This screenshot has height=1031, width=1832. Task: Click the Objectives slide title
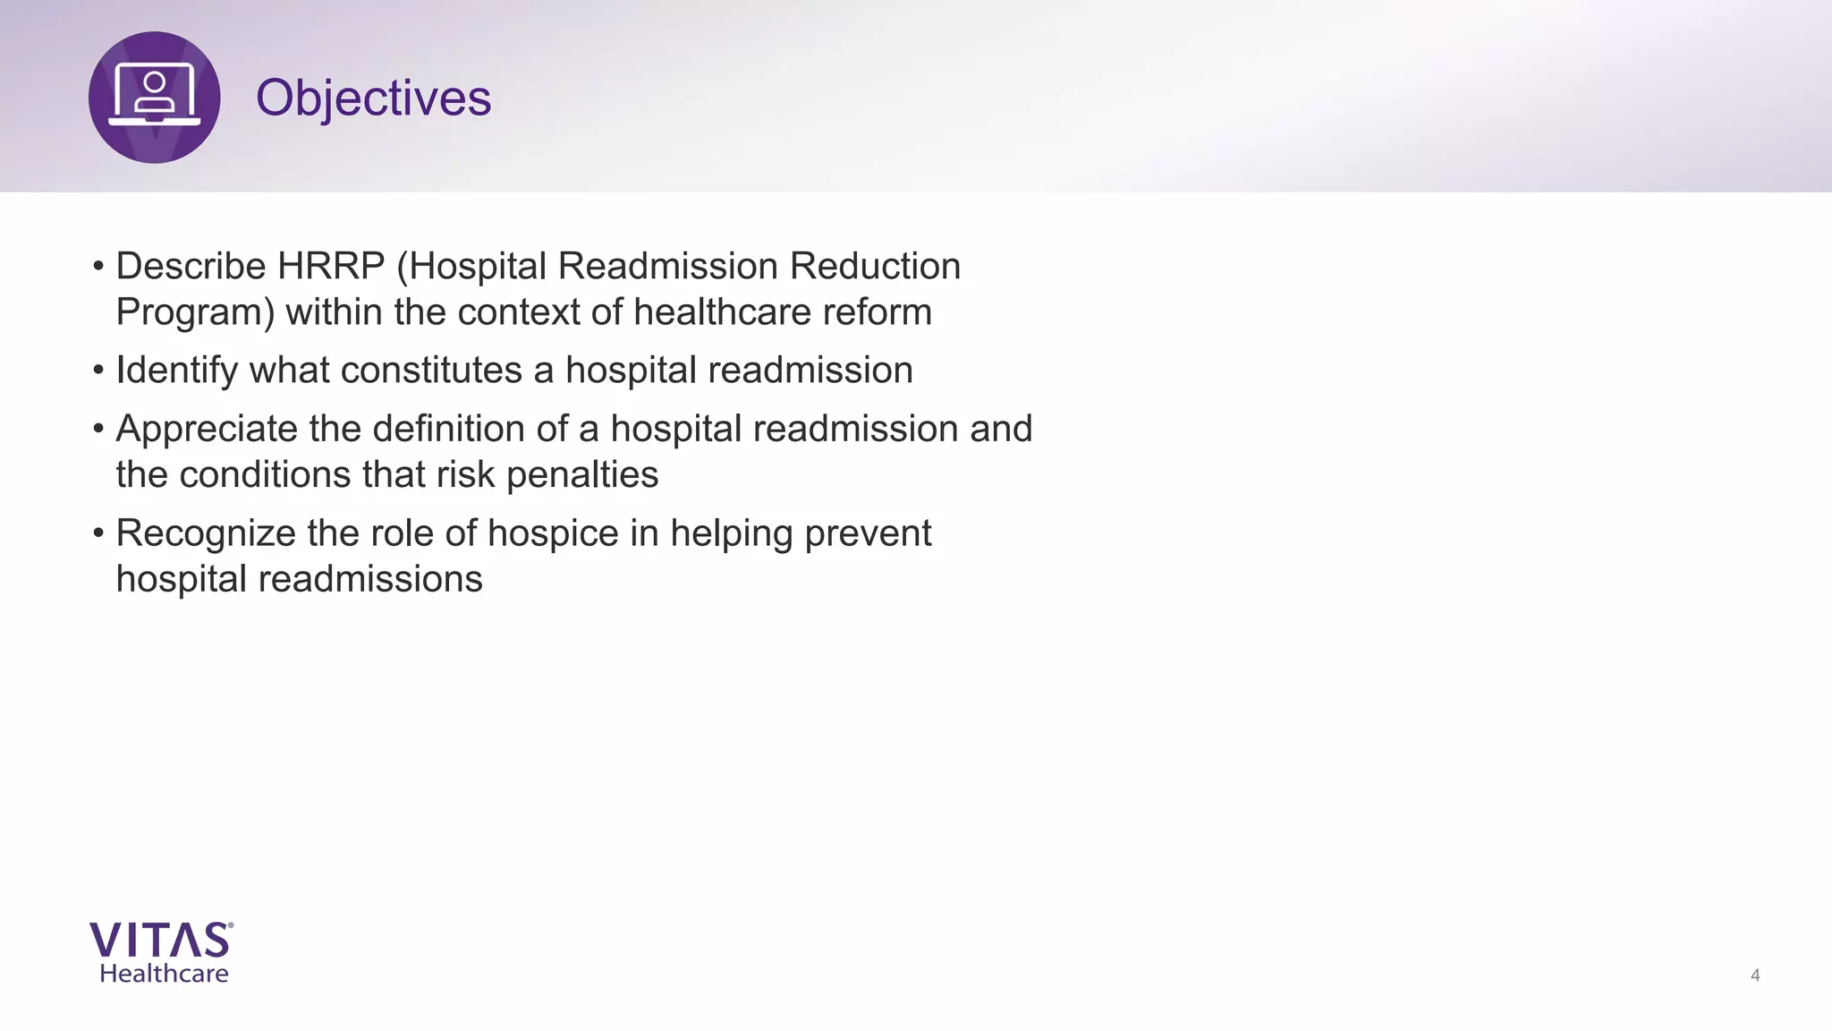click(x=373, y=98)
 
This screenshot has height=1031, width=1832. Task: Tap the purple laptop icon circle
click(x=155, y=98)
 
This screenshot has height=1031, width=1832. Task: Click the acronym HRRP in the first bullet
click(x=331, y=267)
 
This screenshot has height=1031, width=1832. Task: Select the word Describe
click(x=191, y=267)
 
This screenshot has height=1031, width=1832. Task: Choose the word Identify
click(x=176, y=371)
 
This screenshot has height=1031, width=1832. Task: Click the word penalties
click(x=582, y=475)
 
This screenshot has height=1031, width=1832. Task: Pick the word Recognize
click(x=206, y=533)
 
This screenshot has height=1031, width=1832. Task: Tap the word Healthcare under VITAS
click(x=164, y=974)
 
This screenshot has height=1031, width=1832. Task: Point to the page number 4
click(x=1755, y=976)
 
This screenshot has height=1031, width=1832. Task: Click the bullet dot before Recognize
click(x=98, y=533)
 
